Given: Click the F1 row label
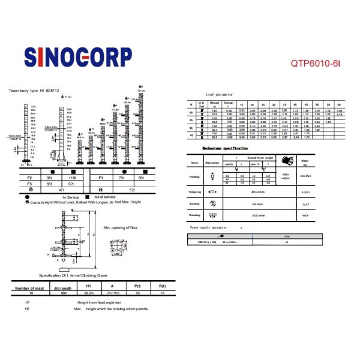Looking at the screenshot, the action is [x=101, y=178].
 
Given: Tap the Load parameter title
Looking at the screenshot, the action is [x=218, y=95].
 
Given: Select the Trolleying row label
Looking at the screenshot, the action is [x=194, y=192].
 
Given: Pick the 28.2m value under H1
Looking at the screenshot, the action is [x=88, y=293].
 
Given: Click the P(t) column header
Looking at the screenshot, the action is [x=137, y=287].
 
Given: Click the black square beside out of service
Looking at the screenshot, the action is [x=88, y=196].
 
